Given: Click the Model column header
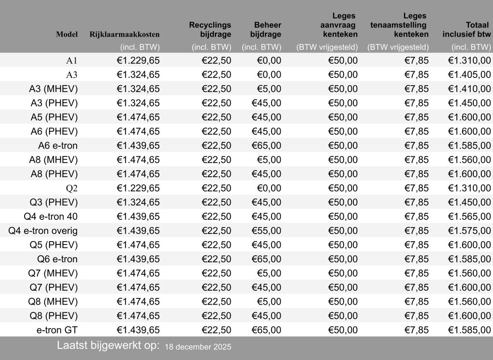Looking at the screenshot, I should coord(67,34).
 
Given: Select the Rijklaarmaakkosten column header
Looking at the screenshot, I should coord(125,34).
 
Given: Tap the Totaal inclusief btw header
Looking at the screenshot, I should coord(467,29).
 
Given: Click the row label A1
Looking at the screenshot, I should coord(72,61).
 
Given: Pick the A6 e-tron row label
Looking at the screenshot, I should coord(58,145).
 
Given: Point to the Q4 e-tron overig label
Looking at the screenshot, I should coord(43,231).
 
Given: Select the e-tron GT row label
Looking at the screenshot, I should coord(57,330).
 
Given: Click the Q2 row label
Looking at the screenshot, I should coord(71,188).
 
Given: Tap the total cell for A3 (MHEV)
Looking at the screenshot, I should coord(469,89).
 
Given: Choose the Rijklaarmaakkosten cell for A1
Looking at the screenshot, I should coord(138,61).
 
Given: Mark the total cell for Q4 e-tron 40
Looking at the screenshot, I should coord(469,217).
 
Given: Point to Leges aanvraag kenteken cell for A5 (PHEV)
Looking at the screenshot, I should coord(343,117).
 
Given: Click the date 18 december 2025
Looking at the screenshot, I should coord(198,347).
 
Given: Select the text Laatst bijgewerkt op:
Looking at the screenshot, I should coord(108,346).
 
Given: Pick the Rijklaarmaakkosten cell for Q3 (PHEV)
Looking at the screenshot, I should coord(138,202).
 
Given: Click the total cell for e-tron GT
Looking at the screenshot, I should coord(469,330).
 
